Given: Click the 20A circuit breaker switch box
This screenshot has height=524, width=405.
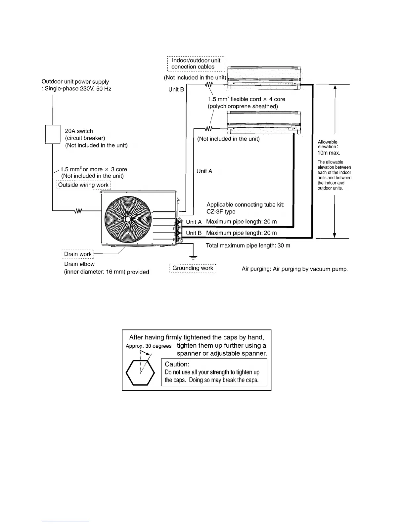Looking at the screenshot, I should click(x=52, y=134).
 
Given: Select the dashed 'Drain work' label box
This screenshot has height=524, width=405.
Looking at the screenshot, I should click(x=78, y=254).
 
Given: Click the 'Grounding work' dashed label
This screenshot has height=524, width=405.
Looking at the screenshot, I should click(x=193, y=268).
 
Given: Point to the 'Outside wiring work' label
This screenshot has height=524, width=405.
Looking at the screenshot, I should click(x=83, y=185).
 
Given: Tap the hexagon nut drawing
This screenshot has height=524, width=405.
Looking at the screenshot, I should click(x=140, y=372).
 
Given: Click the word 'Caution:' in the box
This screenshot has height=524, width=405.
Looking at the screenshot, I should click(x=177, y=364).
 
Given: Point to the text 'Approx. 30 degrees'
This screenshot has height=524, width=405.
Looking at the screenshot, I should click(x=149, y=346).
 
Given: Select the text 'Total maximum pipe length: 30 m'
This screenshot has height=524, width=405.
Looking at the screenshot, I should click(x=248, y=245).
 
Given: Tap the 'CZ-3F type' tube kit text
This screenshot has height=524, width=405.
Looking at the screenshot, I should click(x=221, y=212).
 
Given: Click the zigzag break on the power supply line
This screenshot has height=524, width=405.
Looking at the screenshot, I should click(x=79, y=211).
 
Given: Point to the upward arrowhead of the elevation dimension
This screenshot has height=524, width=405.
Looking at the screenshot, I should click(x=335, y=87).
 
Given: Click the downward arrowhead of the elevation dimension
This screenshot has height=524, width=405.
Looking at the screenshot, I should click(x=335, y=235).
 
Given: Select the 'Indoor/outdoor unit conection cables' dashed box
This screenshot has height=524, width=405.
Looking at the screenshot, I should click(x=196, y=64).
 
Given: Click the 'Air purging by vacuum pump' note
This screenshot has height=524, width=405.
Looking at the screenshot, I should click(x=294, y=269).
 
